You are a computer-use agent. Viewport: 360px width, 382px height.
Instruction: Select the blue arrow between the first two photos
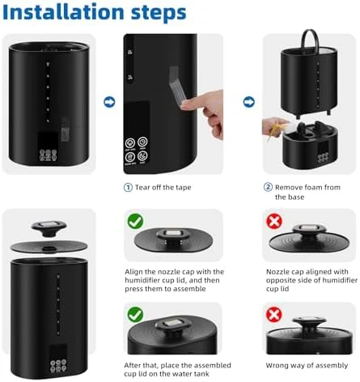(x=109, y=103)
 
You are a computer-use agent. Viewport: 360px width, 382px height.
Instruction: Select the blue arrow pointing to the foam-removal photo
(x=248, y=103)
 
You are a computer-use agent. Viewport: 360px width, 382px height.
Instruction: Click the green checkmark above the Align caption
(x=136, y=221)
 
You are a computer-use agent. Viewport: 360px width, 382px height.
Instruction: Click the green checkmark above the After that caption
(x=136, y=313)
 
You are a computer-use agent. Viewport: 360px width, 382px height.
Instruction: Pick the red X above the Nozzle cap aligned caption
(x=274, y=221)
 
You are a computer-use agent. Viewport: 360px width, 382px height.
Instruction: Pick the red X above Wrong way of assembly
(x=274, y=313)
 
